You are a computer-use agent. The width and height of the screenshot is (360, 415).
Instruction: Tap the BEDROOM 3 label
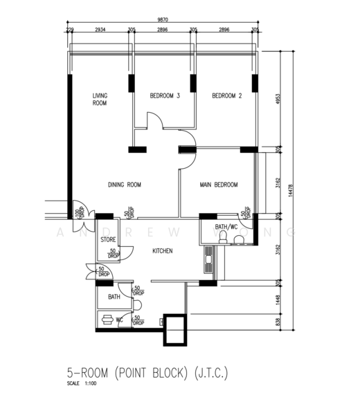pos(165,96)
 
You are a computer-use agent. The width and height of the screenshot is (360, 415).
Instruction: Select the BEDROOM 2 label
pos(226,96)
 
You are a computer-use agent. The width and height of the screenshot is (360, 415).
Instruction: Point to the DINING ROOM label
pos(125,185)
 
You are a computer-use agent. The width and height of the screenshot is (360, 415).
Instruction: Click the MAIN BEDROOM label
pos(219,185)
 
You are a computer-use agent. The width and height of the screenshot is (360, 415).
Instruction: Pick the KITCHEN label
pos(163,251)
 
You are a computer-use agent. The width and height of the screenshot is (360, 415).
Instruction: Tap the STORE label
pos(108,240)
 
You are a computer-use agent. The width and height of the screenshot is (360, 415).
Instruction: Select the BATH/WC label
pos(226,227)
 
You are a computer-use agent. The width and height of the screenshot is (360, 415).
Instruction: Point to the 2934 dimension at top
pos(100,31)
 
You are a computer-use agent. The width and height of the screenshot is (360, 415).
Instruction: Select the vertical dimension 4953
pos(277,99)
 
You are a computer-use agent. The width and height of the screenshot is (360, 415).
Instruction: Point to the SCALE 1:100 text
pos(82,384)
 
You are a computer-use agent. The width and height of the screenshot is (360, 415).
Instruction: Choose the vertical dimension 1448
pos(277,299)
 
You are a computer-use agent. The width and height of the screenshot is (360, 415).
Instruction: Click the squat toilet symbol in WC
pos(109,320)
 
